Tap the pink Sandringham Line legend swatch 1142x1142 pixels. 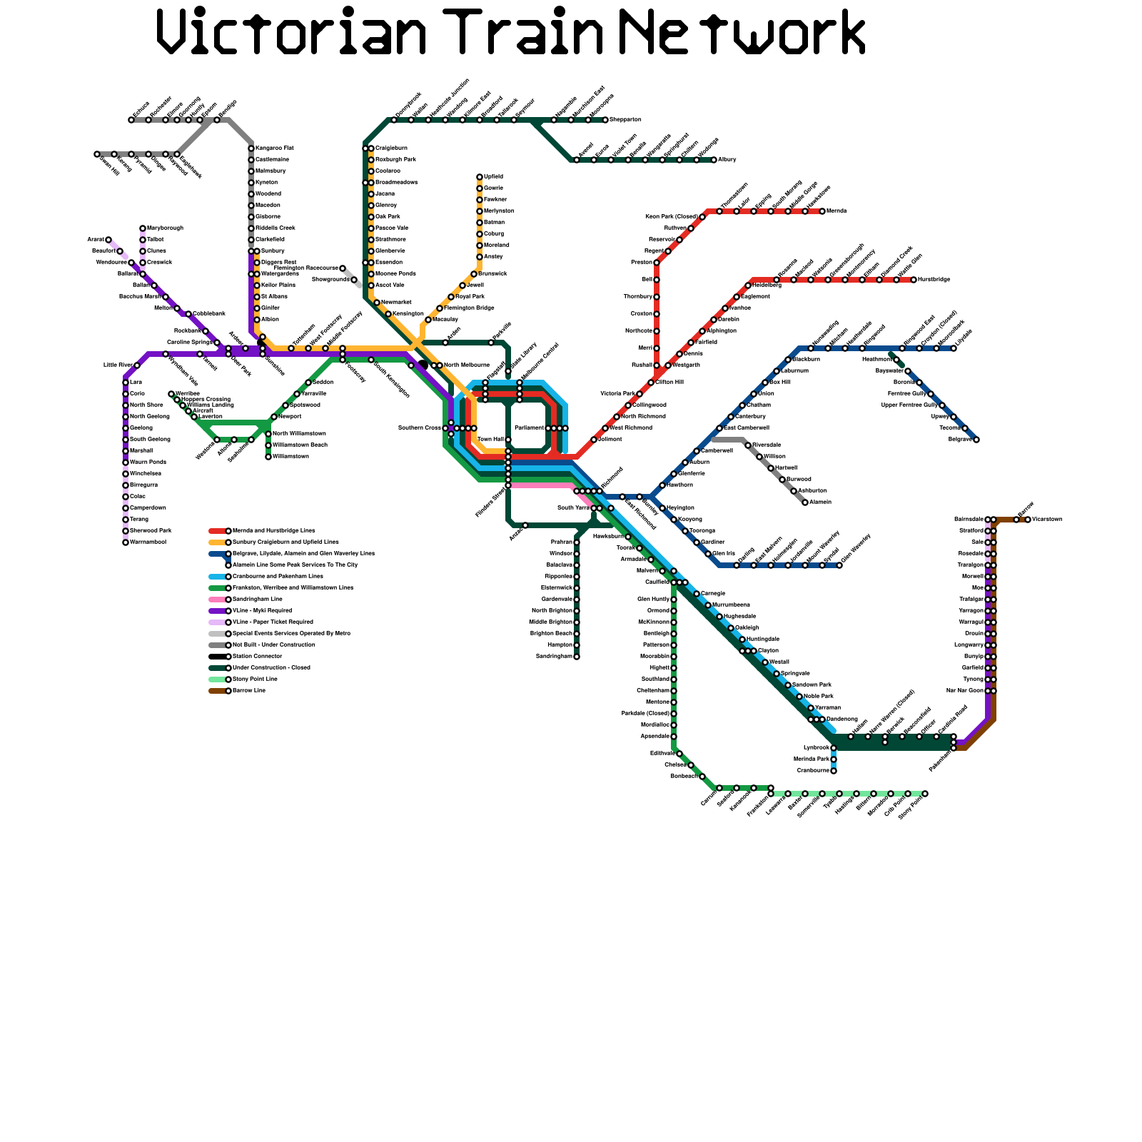(218, 600)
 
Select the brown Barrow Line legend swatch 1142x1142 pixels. (218, 691)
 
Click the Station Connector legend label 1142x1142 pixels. (258, 657)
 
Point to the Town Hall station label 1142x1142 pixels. (490, 440)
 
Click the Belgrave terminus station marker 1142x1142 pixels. (976, 440)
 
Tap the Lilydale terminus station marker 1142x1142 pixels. (954, 348)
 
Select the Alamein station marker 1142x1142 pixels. (805, 502)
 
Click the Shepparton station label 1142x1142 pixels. (625, 120)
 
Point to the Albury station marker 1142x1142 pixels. (714, 160)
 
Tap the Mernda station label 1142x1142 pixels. (837, 211)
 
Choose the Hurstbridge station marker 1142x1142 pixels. (914, 280)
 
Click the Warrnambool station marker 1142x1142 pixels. (126, 542)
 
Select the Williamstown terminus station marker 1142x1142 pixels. (268, 457)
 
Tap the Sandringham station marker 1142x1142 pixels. (577, 657)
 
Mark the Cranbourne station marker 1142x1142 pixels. (834, 771)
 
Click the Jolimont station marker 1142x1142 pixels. (594, 440)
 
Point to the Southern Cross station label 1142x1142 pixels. (420, 428)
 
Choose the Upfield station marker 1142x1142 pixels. (480, 177)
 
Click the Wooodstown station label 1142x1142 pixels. (1047, 520)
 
